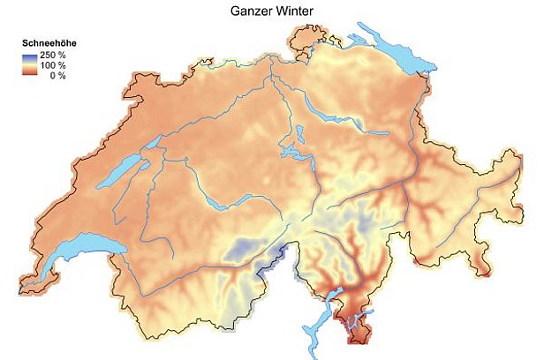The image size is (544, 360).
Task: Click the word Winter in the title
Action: pos(297,10)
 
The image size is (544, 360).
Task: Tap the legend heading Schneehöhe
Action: pos(45,43)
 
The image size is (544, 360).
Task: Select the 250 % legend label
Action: pos(52,55)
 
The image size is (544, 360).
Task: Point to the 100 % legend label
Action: pos(52,64)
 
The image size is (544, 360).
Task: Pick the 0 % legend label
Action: pos(56,74)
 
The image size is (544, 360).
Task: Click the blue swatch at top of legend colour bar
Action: pos(30,55)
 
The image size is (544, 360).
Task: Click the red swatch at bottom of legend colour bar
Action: pos(30,74)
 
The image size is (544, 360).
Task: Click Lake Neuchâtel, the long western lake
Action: pos(116,174)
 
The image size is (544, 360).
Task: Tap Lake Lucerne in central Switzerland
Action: pos(291,152)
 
